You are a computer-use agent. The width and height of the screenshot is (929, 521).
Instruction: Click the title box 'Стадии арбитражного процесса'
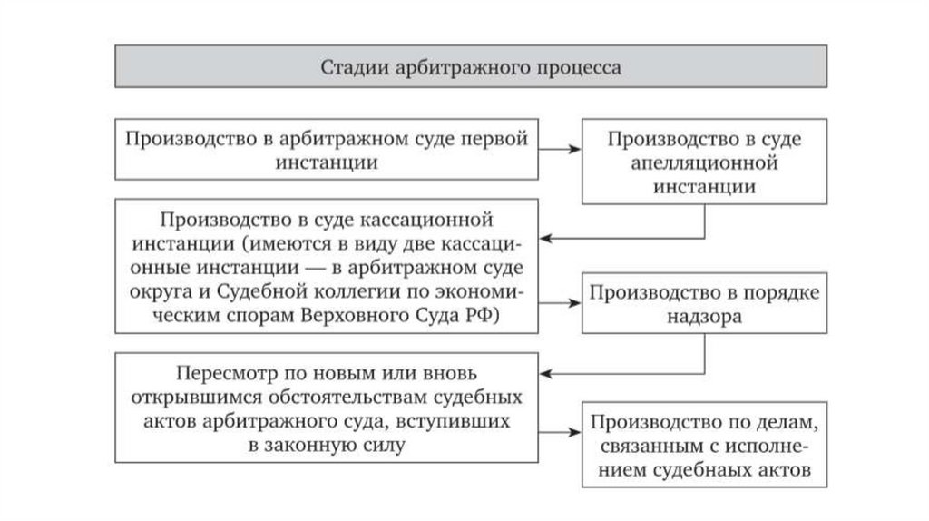469,68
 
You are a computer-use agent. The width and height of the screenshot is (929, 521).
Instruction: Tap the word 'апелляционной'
704,164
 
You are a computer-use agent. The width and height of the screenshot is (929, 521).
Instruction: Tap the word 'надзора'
703,317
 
